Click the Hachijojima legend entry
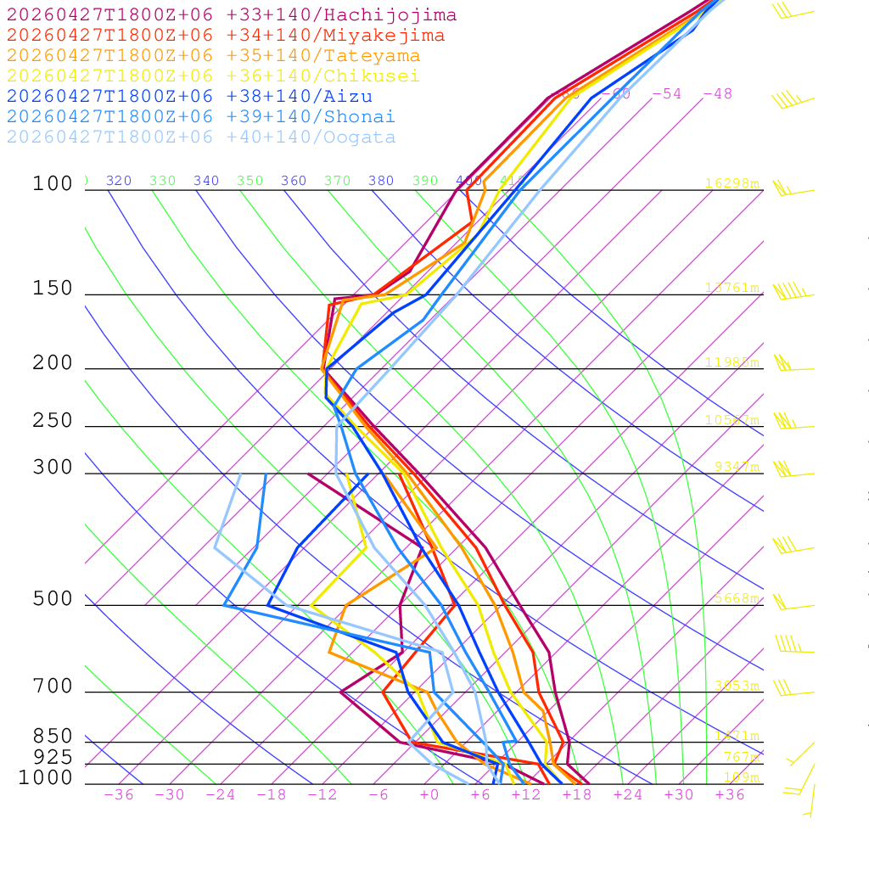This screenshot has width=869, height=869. coord(231,15)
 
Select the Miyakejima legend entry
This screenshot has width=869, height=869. coord(225,36)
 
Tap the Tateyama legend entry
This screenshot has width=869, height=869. coord(213,56)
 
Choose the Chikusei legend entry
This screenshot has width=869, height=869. coord(213,76)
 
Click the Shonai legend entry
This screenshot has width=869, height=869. coord(201,117)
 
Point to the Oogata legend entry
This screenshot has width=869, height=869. coord(201,137)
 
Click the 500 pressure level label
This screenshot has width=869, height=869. coord(53,599)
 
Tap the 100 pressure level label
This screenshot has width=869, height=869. coord(53,183)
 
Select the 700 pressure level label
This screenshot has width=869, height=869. coord(53,687)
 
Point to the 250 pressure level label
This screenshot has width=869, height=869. coord(53,421)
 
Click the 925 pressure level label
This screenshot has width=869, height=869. coord(53,757)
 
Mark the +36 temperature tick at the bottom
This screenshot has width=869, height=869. coord(730,795)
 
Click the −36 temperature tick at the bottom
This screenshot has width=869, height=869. coord(119,795)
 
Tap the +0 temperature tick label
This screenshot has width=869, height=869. coord(429,795)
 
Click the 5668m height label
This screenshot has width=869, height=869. coord(736,598)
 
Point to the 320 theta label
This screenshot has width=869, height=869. coord(119,181)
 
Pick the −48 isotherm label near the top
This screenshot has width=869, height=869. coord(717,94)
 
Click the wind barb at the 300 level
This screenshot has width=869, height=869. coord(782,468)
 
